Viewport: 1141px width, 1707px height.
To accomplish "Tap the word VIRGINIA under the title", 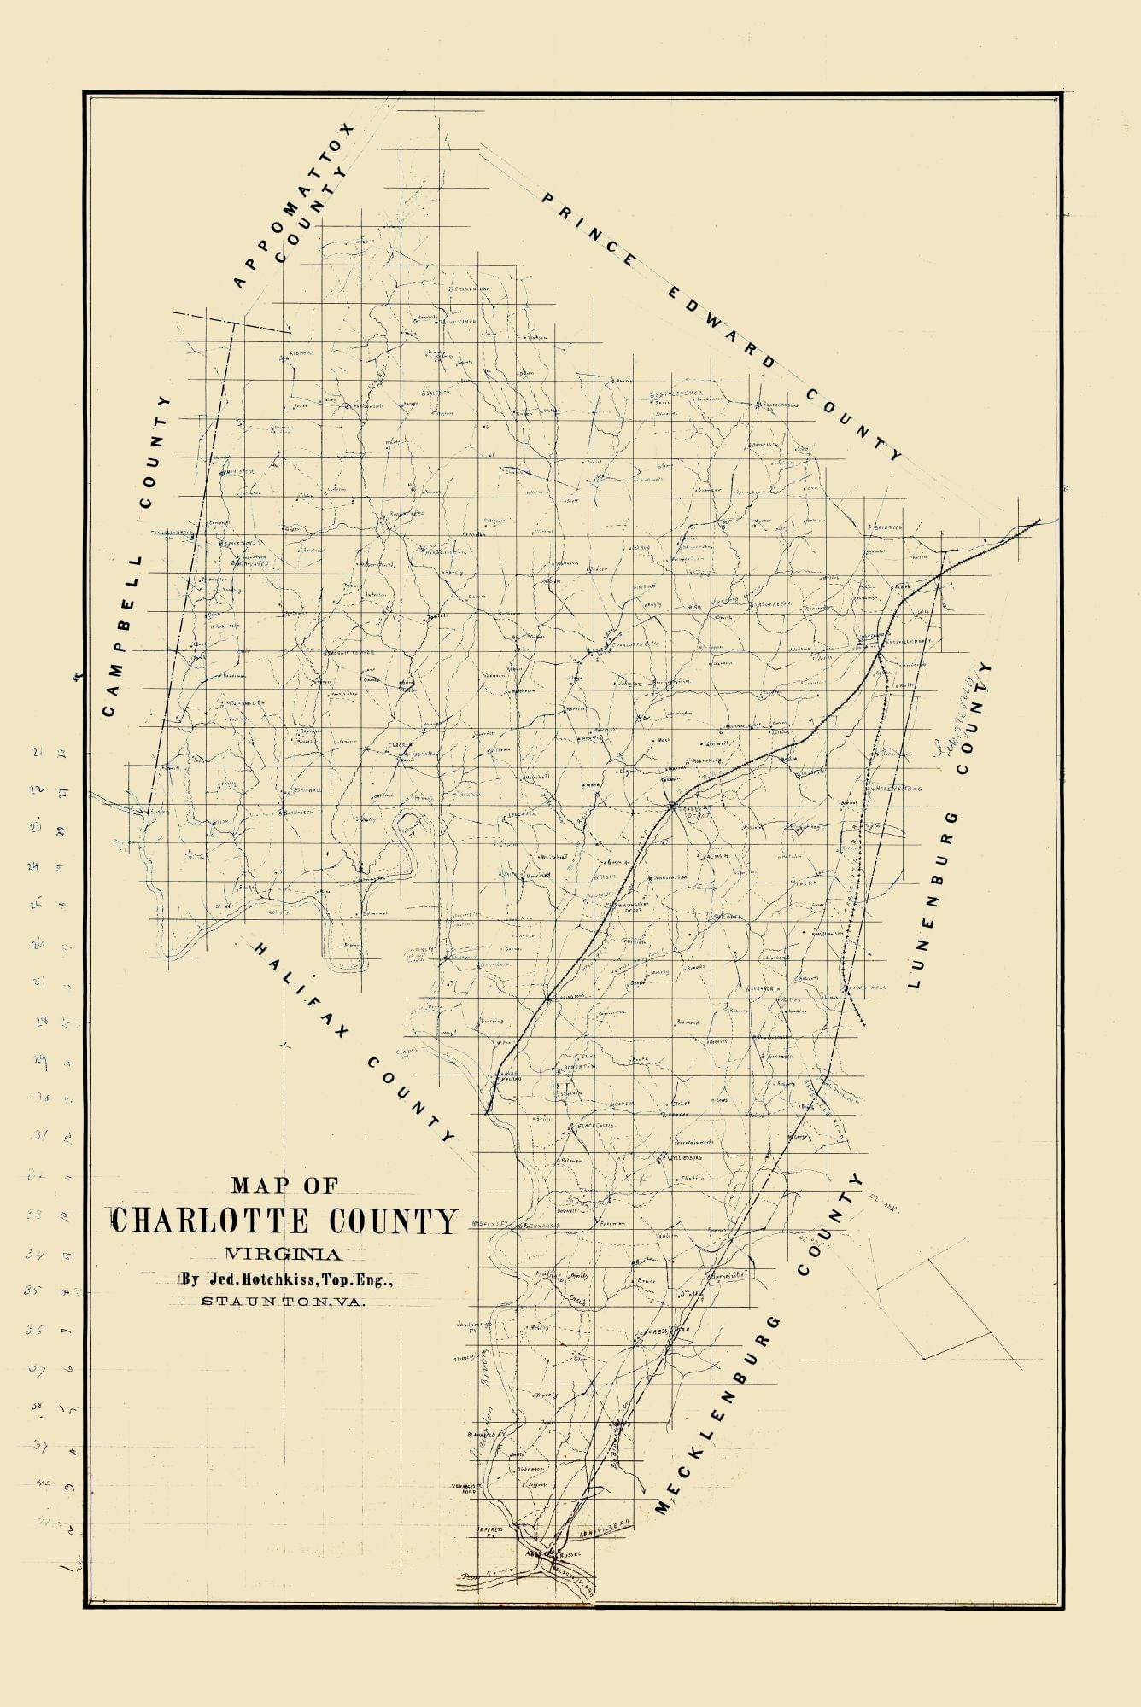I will (x=283, y=1254).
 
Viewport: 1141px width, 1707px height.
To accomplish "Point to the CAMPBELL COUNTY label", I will (x=136, y=555).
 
